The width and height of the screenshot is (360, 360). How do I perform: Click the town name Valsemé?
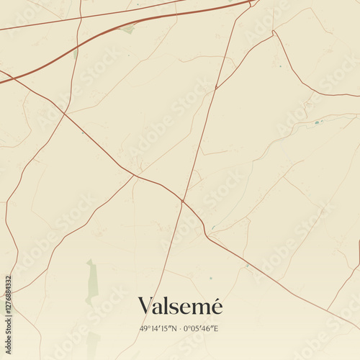[x=180, y=306]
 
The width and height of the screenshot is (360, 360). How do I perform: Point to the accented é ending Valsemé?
[x=216, y=306]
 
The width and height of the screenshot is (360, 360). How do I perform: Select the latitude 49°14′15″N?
[x=158, y=329]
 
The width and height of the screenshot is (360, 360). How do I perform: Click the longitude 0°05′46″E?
[x=202, y=329]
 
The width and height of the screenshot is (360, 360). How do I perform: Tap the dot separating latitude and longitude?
[x=180, y=329]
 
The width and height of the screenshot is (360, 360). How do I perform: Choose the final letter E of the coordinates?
[x=217, y=329]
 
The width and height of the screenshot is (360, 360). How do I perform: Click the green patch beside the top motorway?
[x=128, y=30]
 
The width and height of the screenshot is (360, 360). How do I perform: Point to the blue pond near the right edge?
[x=316, y=122]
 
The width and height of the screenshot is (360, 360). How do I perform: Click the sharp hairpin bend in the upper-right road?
[x=273, y=32]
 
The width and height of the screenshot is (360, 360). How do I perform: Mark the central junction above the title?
[x=183, y=201]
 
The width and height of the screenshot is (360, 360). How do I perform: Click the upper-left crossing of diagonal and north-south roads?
[x=65, y=112]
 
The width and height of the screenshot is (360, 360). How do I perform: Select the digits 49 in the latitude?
[x=144, y=329]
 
